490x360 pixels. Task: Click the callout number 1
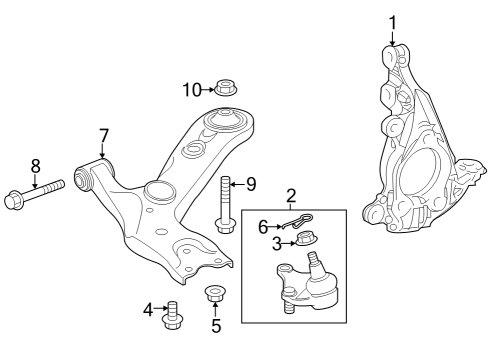pyautogui.click(x=392, y=22)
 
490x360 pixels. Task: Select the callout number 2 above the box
pyautogui.click(x=291, y=195)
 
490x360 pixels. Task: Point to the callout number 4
pyautogui.click(x=148, y=310)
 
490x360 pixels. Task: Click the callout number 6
pyautogui.click(x=264, y=226)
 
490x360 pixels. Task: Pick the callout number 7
pyautogui.click(x=103, y=135)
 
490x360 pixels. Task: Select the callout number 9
pyautogui.click(x=250, y=184)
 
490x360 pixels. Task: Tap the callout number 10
pyautogui.click(x=191, y=89)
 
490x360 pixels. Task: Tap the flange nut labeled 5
pyautogui.click(x=213, y=295)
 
